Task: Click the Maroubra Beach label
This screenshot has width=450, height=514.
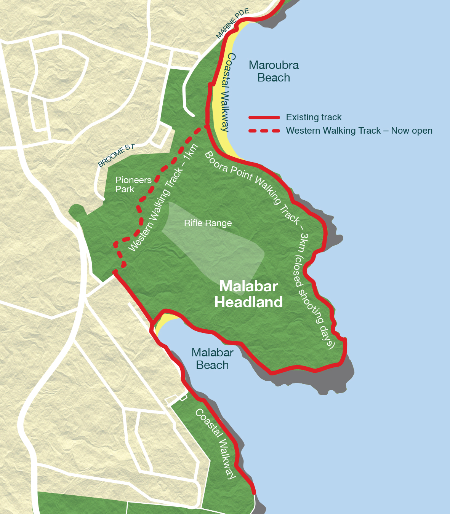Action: coord(274,71)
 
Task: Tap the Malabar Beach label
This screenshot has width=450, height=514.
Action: coord(212,359)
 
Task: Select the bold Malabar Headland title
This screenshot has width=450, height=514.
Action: coord(248,294)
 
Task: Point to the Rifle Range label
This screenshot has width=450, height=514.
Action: coord(208,223)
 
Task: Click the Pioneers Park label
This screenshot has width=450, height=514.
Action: coord(133,185)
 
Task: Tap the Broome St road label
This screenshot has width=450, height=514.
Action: coord(116,156)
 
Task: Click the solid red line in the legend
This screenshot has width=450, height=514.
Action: coord(264,117)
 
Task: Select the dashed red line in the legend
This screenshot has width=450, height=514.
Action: coord(264,131)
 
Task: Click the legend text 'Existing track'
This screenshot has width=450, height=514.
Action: coord(314,117)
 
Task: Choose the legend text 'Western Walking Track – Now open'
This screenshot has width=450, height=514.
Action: coord(359,131)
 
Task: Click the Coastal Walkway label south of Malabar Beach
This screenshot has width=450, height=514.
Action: coord(216,444)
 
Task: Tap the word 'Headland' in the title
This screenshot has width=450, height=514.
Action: coord(248,302)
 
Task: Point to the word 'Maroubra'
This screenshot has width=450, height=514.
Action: coord(274,65)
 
